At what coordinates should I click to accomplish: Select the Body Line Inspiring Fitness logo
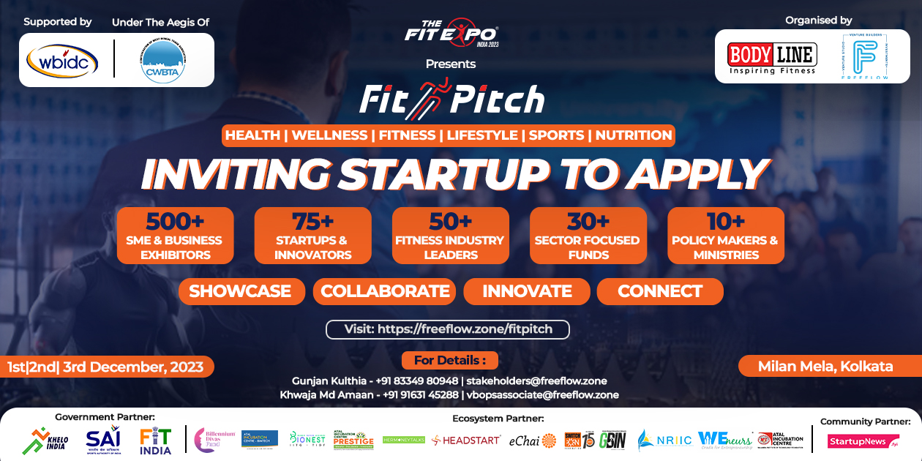[772, 57]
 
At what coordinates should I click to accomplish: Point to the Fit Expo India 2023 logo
[451, 34]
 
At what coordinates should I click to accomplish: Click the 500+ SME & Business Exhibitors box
[175, 236]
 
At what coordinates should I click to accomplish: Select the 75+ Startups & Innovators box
[312, 236]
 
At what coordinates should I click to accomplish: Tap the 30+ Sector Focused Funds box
[588, 236]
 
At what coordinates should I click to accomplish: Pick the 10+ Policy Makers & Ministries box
[725, 236]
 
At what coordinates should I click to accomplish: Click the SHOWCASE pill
[240, 291]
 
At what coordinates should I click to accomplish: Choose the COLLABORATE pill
[385, 291]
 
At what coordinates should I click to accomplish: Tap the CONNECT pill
[660, 291]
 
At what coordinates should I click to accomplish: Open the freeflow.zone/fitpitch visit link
[448, 329]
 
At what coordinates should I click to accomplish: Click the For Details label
[449, 360]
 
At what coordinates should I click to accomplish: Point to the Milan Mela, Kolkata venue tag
[825, 366]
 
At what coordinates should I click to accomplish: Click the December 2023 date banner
[105, 367]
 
